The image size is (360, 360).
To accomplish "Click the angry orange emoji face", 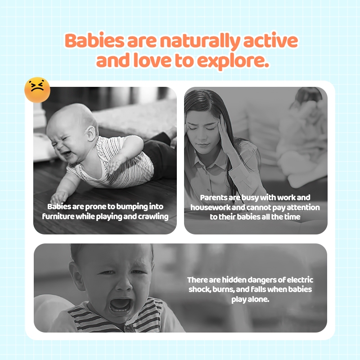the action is (37, 90).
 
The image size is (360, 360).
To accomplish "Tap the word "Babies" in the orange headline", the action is (94, 40).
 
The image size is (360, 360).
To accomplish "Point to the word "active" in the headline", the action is (270, 40).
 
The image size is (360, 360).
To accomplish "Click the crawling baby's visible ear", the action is (91, 133).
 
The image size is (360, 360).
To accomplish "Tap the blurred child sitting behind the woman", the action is (303, 138).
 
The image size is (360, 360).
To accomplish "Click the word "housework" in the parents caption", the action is (210, 207).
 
